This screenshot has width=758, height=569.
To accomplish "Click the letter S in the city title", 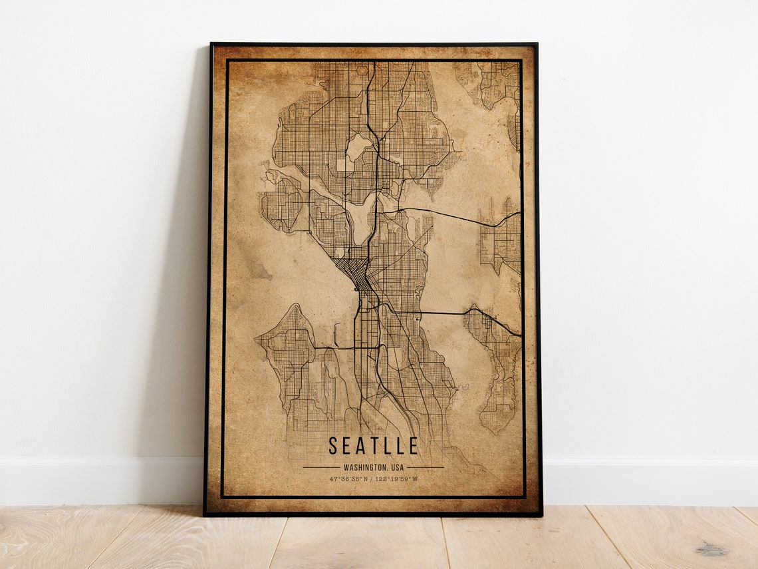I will tap(333, 446).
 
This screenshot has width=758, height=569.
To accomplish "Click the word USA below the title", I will tap(396, 467).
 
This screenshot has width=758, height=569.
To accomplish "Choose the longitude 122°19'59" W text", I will tap(396, 478).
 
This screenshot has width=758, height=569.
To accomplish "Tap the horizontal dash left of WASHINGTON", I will tap(321, 467).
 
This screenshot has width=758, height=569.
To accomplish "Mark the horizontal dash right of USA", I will tap(425, 467).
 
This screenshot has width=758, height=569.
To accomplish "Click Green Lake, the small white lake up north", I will tap(358, 146).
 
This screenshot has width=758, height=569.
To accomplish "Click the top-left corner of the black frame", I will tap(212, 45).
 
